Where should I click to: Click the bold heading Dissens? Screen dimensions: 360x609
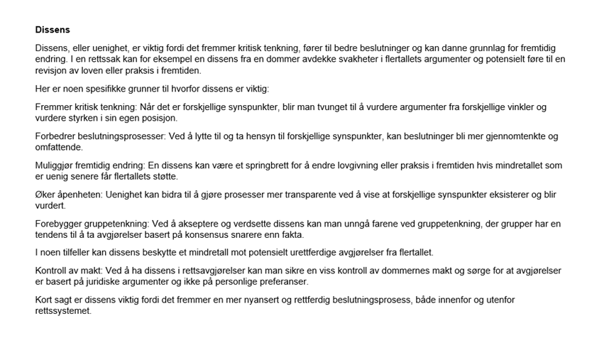coord(53,30)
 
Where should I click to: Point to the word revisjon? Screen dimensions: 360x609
coord(53,71)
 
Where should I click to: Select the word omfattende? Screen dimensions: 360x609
coord(59,148)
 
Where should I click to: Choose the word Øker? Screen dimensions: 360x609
coord(46,195)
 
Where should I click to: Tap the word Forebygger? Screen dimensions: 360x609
coord(61,224)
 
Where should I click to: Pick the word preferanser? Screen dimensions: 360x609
coord(280,282)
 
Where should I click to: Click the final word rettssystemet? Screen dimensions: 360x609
coord(65,311)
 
